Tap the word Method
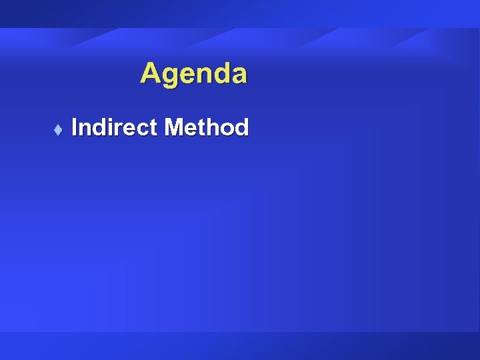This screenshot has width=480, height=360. (x=206, y=127)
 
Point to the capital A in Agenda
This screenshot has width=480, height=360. (x=150, y=73)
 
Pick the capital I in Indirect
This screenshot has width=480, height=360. (x=75, y=127)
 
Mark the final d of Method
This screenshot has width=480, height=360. (x=241, y=127)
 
